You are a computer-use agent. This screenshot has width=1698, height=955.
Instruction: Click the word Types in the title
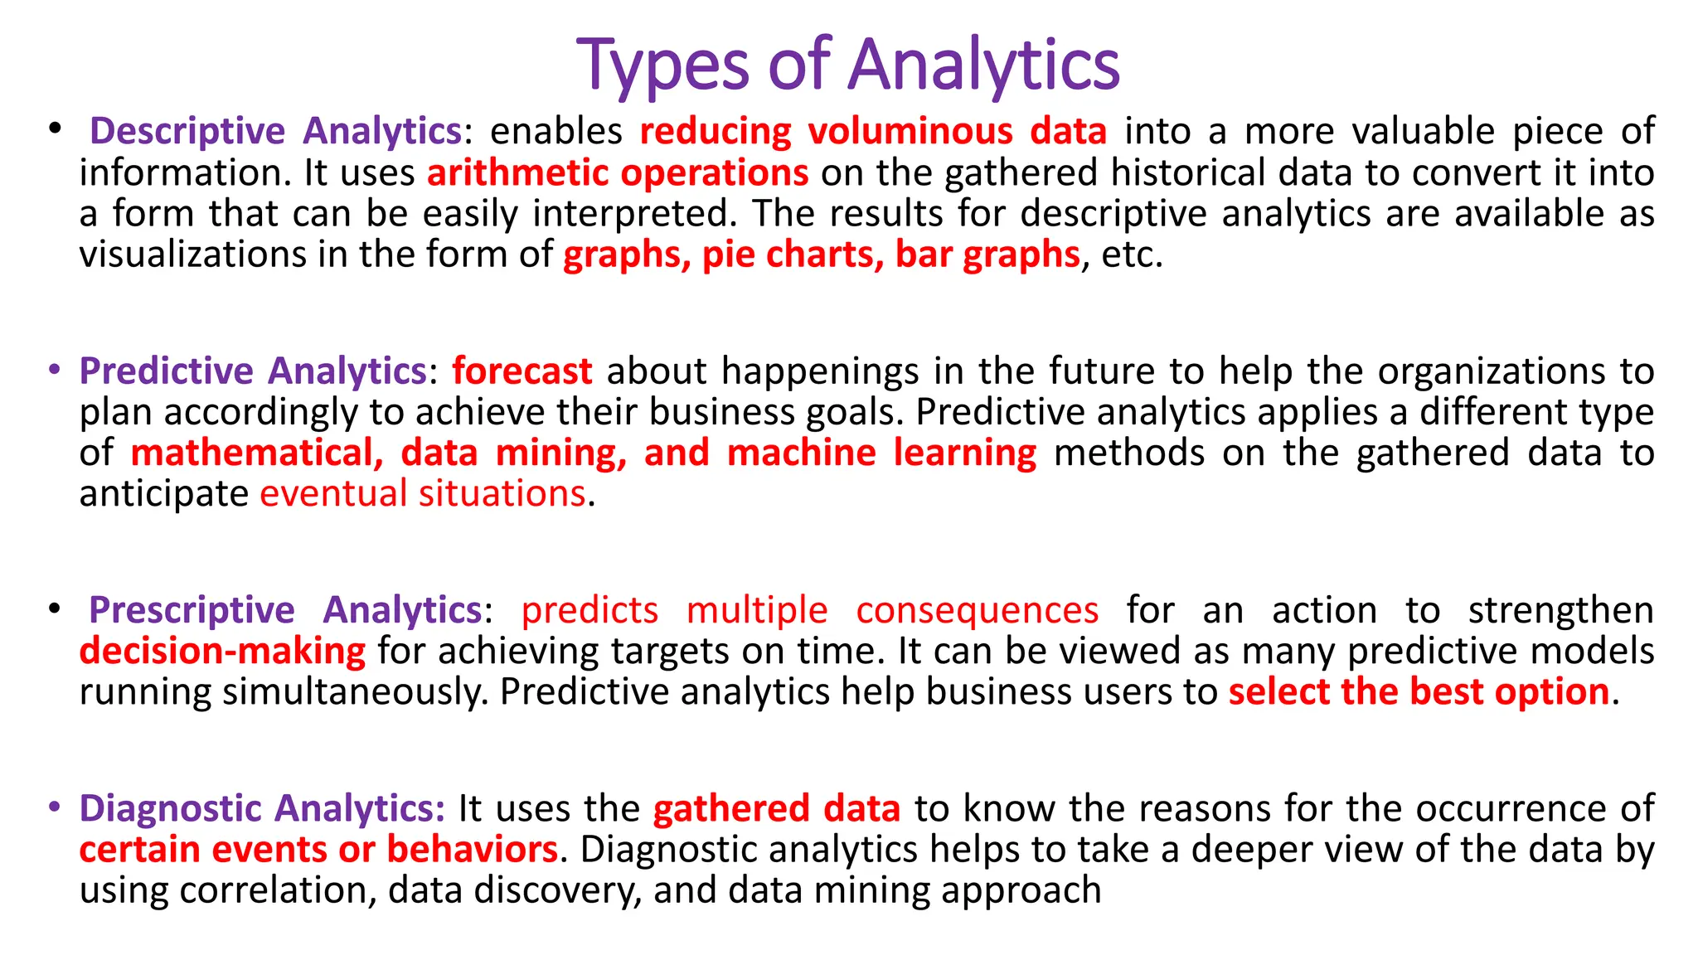(662, 66)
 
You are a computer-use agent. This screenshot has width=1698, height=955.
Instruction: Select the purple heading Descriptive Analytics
(275, 132)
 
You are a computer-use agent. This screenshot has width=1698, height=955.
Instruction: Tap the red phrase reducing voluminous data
(873, 132)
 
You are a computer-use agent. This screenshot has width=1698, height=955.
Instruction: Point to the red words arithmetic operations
(618, 173)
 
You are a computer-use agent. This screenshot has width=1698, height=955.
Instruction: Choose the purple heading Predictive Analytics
(253, 371)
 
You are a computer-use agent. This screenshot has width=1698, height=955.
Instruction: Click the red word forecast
(522, 371)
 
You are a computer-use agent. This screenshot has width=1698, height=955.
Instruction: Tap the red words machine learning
(881, 453)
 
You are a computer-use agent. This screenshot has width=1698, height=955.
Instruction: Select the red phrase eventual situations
(423, 494)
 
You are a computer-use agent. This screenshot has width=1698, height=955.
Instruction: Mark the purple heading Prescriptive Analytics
(285, 610)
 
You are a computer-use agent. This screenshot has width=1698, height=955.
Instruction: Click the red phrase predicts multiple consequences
(810, 610)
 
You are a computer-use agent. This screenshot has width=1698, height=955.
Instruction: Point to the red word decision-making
(222, 652)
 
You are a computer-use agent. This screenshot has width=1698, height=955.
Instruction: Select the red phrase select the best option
(1419, 692)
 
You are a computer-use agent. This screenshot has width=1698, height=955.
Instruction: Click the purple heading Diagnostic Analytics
(262, 808)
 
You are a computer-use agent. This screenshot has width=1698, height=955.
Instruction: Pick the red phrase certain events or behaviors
(318, 850)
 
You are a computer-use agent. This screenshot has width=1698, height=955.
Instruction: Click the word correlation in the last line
(278, 890)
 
